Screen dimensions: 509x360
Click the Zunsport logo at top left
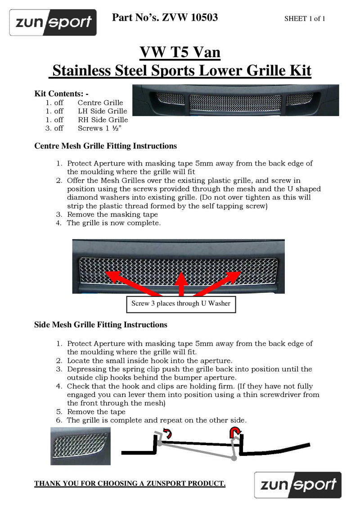[x=53, y=22]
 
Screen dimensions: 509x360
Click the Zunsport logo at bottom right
[x=298, y=484]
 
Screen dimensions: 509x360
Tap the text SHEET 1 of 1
[x=305, y=18]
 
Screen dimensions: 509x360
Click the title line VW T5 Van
[x=180, y=53]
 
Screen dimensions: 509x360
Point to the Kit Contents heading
[x=62, y=94]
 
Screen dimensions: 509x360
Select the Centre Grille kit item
[x=100, y=103]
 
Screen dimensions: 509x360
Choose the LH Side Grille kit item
[x=102, y=111]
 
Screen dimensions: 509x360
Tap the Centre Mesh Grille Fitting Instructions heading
[x=105, y=146]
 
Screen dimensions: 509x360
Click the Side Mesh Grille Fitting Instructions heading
[x=101, y=325]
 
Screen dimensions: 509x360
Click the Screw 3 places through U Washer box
[x=180, y=304]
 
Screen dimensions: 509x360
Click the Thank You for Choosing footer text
[x=130, y=483]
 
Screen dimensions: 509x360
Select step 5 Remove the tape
[x=96, y=411]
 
